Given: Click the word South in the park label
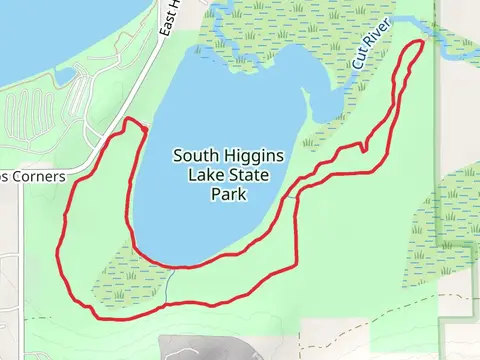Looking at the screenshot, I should [195, 156].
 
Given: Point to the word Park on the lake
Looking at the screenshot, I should [228, 195].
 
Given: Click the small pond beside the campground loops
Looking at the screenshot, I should [64, 76].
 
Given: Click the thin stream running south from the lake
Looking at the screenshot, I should [171, 284].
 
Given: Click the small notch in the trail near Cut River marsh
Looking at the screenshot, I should [362, 150].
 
